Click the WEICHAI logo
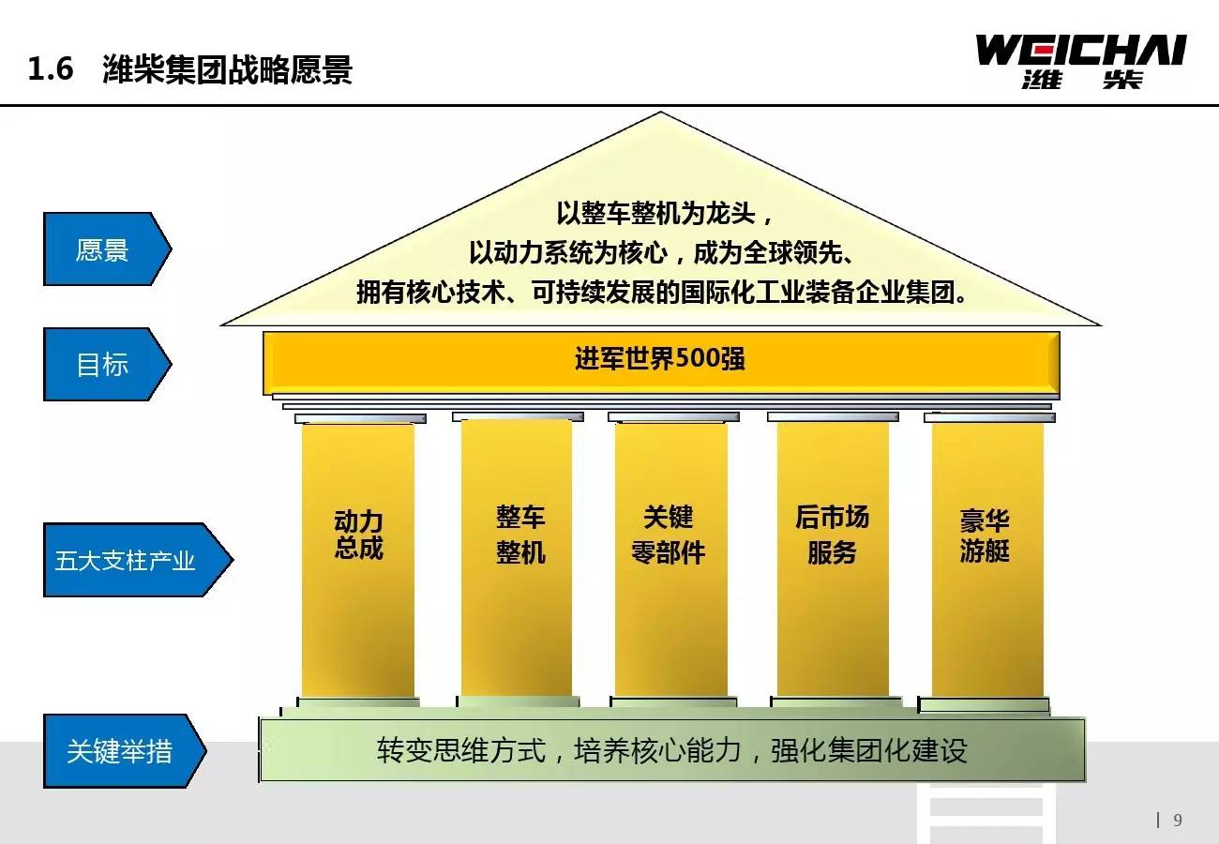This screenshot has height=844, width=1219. (1080, 62)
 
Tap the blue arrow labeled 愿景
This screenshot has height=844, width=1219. (107, 249)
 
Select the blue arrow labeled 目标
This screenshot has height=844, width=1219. (107, 365)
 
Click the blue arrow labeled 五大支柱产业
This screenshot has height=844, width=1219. (138, 560)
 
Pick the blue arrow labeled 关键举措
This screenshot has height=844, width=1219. (125, 751)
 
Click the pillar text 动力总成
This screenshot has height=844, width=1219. (358, 535)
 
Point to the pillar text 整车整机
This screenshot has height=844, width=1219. (520, 535)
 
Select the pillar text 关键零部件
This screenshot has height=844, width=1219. (669, 535)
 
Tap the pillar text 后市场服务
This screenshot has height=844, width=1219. (832, 535)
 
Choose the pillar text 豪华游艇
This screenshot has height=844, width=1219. (985, 535)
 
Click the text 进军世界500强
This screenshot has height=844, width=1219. (660, 358)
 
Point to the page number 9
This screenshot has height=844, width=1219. (1178, 820)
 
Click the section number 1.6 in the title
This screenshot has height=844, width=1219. (51, 69)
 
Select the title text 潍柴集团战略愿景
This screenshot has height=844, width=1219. (228, 69)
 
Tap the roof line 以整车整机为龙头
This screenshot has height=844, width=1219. (655, 213)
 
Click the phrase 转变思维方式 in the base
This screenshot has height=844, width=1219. (461, 751)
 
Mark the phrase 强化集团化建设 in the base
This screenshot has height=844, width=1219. (869, 751)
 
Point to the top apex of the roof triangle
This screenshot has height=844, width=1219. (661, 113)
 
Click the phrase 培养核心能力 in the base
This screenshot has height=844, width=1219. (658, 751)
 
